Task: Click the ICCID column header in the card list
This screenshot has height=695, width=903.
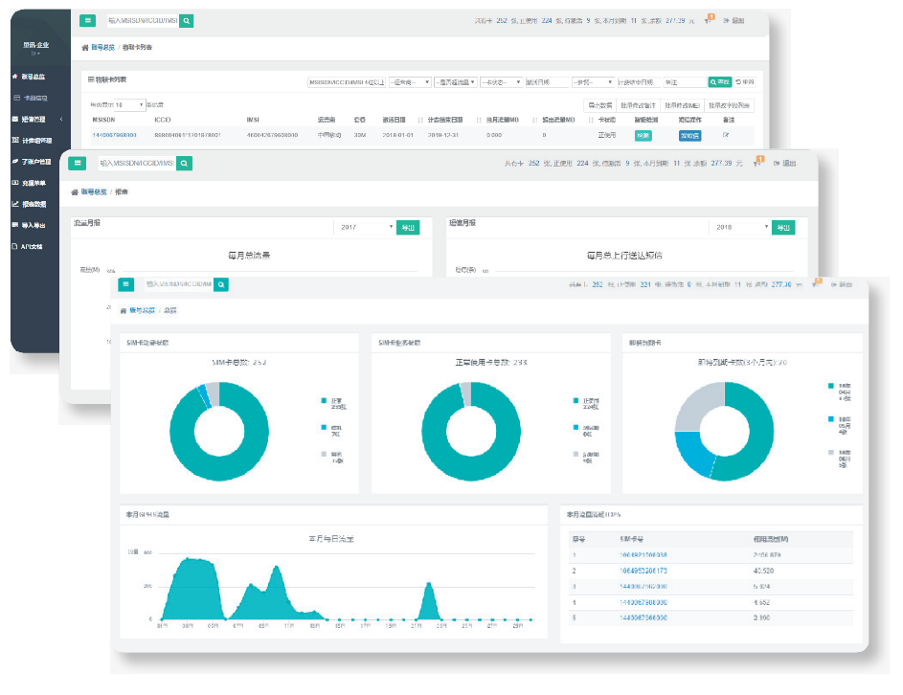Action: point(163,121)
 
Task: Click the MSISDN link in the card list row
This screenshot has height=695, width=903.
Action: point(114,135)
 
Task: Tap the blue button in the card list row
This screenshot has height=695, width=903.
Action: point(689,136)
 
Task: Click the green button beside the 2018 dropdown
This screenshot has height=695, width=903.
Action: point(783,227)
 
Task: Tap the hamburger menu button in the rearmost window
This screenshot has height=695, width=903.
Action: point(87,20)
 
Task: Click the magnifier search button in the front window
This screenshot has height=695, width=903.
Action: point(221,284)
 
